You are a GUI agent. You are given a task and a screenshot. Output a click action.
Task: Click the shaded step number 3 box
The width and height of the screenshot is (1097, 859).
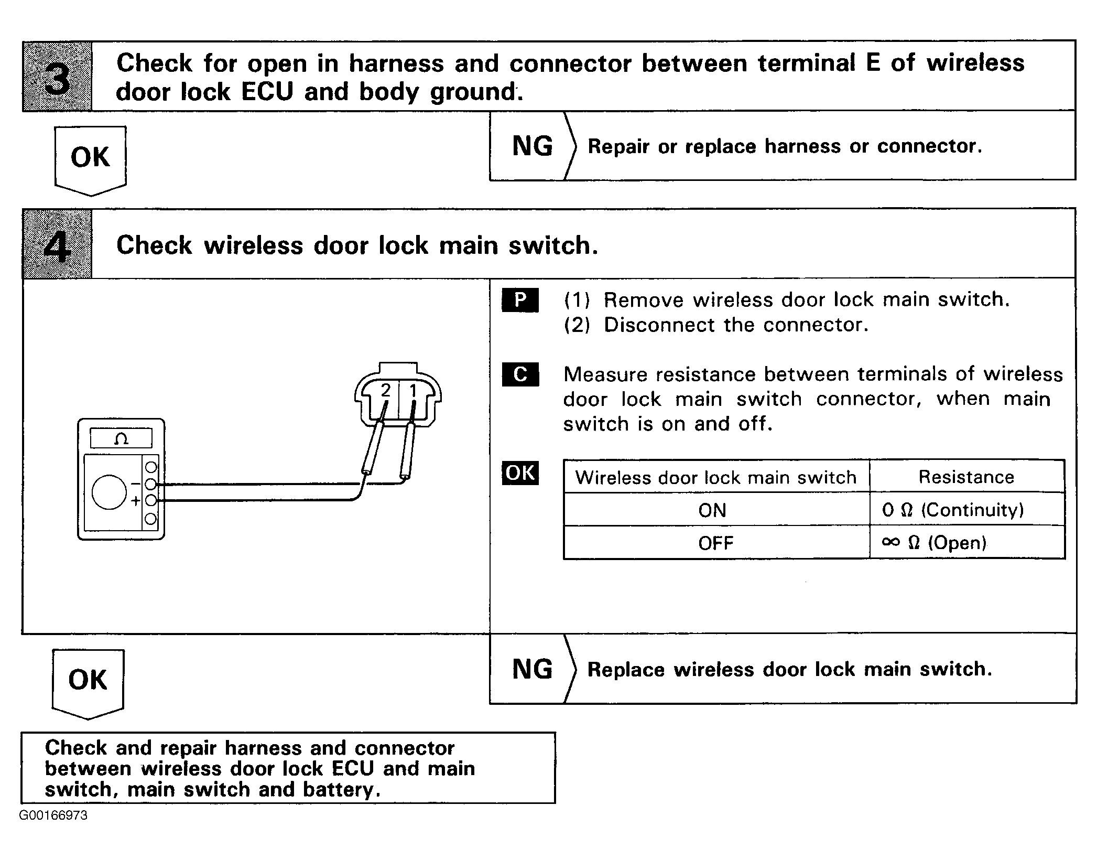tap(57, 77)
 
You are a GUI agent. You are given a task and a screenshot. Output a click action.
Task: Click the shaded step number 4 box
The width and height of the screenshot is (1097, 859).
tap(57, 244)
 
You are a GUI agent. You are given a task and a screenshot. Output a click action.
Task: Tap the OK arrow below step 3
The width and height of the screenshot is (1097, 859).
tap(90, 158)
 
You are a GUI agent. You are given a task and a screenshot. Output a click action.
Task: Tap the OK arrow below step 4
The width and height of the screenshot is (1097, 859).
tap(88, 681)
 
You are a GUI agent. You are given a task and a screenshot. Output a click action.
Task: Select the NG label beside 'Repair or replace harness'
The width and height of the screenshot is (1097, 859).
tap(531, 146)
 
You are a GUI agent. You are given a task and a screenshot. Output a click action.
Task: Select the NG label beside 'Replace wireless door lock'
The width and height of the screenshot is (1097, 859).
tap(531, 670)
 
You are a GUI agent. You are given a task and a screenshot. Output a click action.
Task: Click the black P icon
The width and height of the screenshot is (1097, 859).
tap(520, 300)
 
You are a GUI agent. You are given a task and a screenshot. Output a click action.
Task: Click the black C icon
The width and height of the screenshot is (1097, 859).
tap(520, 374)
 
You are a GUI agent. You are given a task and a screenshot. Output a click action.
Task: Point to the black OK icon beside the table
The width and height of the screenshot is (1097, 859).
tap(520, 473)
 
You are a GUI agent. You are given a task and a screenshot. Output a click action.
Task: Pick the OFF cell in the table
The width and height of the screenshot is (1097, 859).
tap(715, 543)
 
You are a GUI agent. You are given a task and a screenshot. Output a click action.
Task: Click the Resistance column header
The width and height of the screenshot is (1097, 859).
tap(966, 477)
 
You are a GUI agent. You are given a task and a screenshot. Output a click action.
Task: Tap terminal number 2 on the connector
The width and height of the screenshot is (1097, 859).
tap(386, 391)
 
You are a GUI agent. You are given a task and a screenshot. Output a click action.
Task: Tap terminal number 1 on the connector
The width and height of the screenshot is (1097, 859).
tap(413, 391)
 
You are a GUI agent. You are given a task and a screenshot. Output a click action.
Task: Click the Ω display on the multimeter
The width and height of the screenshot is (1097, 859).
tap(121, 438)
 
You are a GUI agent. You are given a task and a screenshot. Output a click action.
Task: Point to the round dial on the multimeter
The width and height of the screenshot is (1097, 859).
tap(109, 492)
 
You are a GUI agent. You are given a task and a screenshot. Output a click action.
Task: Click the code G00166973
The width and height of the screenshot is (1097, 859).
tap(53, 815)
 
